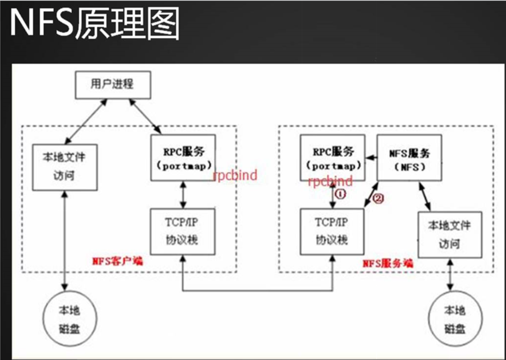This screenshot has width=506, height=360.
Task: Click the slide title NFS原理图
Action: tap(95, 24)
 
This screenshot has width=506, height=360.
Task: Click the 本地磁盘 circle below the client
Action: tap(69, 319)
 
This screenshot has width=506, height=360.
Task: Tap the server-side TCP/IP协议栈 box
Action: tap(332, 232)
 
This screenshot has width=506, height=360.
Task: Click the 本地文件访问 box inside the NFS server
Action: tap(449, 234)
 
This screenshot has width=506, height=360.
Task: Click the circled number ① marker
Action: tap(340, 194)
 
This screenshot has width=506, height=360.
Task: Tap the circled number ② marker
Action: tap(379, 199)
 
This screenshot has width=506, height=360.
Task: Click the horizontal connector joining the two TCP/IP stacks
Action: tap(257, 290)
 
